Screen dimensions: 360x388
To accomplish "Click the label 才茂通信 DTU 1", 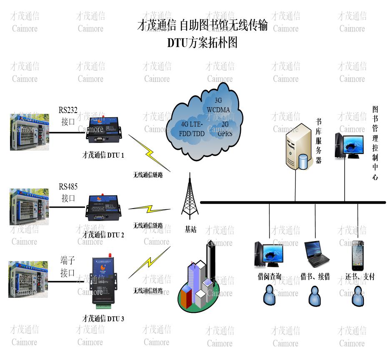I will click(x=103, y=155).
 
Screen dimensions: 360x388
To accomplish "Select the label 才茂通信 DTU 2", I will click(x=103, y=235).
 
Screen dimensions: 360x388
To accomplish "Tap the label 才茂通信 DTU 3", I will click(x=103, y=319).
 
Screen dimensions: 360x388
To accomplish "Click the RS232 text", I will click(x=68, y=110).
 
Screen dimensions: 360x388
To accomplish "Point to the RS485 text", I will click(x=68, y=186).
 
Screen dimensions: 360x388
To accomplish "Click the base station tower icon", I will click(x=190, y=196).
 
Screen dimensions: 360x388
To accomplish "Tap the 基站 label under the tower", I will click(x=190, y=229).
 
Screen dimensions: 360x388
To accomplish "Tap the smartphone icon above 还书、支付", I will click(x=357, y=255).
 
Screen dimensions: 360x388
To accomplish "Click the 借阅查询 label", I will click(x=269, y=277).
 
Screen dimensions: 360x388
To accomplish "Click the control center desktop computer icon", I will click(x=347, y=145).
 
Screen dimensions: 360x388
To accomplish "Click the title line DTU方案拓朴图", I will click(x=202, y=43).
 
